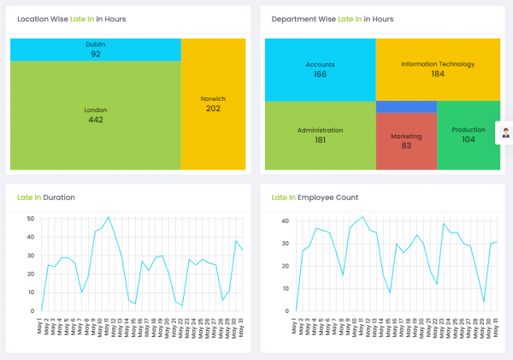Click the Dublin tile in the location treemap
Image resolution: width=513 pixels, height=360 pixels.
click(96, 50)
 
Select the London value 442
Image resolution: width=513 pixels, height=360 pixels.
click(96, 120)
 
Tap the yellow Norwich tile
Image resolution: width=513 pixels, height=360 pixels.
click(213, 103)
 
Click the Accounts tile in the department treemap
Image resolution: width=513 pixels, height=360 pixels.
click(320, 69)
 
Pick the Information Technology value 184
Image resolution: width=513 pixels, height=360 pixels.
click(437, 74)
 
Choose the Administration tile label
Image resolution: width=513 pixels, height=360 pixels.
click(320, 130)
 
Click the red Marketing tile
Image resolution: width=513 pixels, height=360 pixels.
click(406, 142)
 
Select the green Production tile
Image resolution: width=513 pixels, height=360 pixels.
click(468, 135)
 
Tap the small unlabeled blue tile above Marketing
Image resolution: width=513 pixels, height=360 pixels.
click(406, 106)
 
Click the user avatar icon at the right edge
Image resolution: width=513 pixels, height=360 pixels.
click(505, 133)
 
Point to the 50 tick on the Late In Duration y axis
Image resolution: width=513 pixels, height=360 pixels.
click(30, 218)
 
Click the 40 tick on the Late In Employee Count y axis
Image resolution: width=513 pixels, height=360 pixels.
click(285, 221)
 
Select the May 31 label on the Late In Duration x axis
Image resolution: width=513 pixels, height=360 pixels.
click(242, 330)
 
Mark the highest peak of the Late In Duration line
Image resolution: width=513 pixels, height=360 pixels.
click(109, 217)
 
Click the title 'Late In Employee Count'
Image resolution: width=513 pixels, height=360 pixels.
click(315, 198)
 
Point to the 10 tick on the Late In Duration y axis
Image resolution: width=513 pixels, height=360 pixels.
click(30, 292)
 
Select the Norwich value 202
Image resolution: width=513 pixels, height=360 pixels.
click(213, 109)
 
